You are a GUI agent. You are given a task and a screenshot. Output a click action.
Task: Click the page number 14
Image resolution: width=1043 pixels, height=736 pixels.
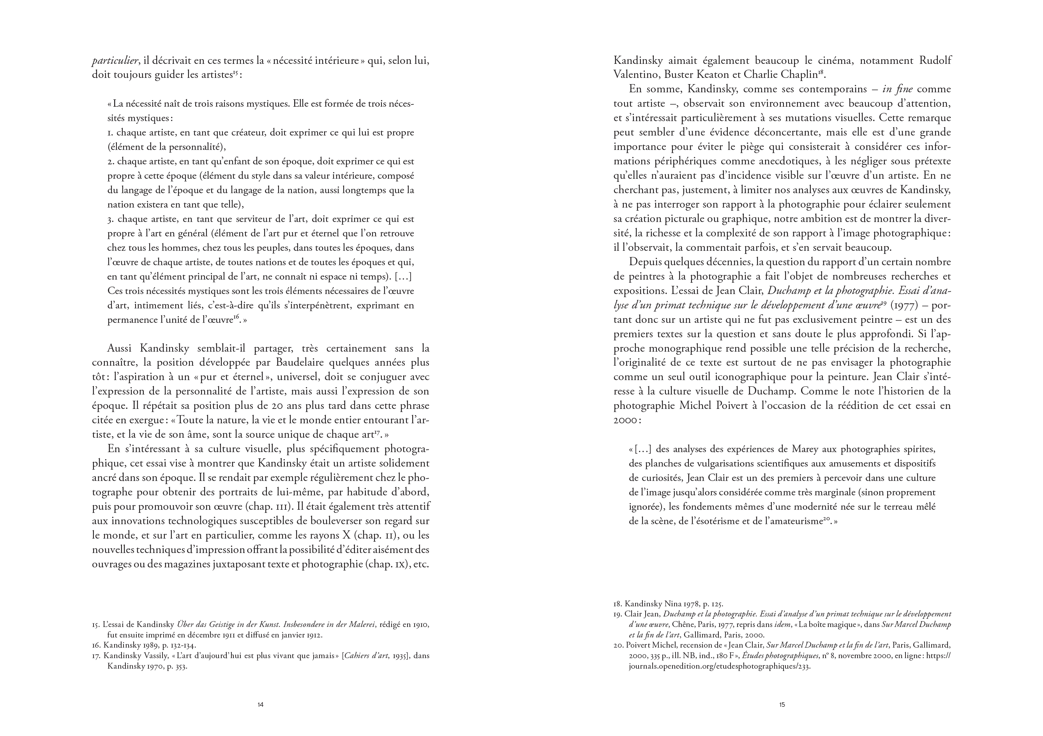click(x=260, y=705)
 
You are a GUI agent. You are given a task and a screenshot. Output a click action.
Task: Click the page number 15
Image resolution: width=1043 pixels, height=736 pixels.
click(x=782, y=705)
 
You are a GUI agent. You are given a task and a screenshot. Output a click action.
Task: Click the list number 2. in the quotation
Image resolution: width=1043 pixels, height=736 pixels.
click(x=111, y=162)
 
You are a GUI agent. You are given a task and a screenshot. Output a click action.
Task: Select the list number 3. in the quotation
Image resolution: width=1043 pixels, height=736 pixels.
click(x=111, y=219)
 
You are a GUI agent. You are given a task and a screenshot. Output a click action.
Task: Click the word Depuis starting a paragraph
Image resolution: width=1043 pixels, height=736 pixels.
click(x=645, y=262)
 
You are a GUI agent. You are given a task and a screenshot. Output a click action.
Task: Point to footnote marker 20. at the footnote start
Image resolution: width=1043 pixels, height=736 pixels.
click(x=618, y=645)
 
